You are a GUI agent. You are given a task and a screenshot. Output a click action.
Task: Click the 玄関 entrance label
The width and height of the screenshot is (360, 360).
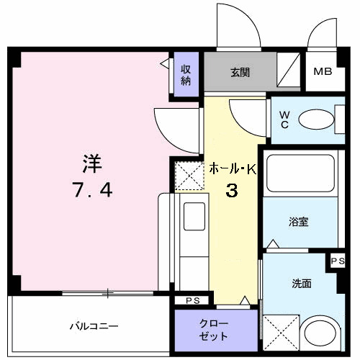[240, 72]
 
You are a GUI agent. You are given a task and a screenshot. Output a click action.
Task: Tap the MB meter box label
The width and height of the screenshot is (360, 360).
[322, 72]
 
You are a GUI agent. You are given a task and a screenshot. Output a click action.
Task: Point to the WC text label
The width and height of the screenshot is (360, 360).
[284, 120]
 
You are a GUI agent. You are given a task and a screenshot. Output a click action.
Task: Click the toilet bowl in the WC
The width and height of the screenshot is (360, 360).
[313, 120]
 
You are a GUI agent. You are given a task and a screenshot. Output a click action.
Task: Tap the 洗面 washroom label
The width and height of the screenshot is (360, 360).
[302, 284]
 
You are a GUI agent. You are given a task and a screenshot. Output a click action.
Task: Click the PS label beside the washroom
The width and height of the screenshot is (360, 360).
[338, 261]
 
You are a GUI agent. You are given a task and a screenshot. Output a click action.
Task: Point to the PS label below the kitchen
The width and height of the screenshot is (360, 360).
[192, 300]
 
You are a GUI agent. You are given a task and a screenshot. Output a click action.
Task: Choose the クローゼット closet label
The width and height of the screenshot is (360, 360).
[214, 330]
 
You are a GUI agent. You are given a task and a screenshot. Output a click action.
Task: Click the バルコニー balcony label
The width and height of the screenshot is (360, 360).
[94, 326]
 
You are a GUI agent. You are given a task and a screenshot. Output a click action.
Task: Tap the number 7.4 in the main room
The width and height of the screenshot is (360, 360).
[91, 192]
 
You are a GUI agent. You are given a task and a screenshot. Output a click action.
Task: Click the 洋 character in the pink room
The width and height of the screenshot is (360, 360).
[91, 164]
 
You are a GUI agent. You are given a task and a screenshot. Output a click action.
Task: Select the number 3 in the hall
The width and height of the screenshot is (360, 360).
[233, 192]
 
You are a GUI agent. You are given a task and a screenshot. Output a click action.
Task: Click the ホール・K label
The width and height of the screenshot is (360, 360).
[233, 170]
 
